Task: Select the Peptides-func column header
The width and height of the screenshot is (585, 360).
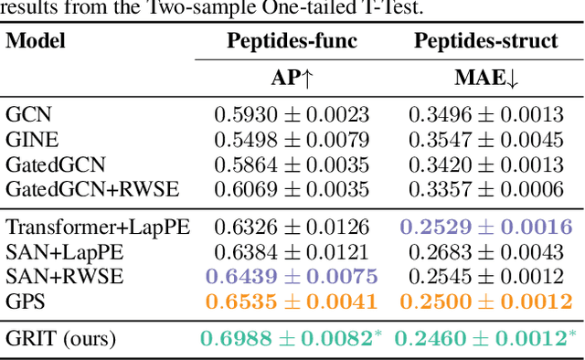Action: coord(292,41)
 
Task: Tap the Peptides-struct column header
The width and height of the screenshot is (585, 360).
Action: coord(484,41)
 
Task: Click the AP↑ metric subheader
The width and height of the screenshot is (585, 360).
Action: coord(292,79)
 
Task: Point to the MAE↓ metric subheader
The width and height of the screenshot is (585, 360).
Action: coord(485,79)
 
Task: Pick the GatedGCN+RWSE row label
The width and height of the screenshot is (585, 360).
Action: coord(92,189)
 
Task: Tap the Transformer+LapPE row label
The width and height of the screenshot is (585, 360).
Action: coord(98,228)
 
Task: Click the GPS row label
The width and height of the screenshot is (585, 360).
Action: coord(25,302)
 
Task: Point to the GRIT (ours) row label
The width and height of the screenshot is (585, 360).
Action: coord(61,339)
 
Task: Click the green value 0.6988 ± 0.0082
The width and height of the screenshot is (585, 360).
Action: coord(290,339)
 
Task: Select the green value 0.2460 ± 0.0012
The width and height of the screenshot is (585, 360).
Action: coord(484,339)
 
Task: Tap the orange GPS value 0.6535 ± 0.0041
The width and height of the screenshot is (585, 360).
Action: coord(292,302)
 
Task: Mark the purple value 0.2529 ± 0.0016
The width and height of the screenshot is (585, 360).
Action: coord(485,228)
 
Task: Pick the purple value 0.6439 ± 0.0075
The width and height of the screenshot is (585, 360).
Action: coord(292,277)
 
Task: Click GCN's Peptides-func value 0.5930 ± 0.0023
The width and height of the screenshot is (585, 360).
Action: coord(292,115)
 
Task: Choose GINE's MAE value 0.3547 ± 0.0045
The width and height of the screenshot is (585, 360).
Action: coord(485,140)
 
